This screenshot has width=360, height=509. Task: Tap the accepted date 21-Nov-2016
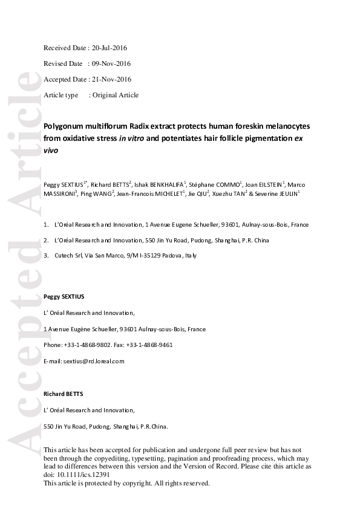click(x=110, y=79)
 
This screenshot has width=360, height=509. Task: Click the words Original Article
click(x=116, y=95)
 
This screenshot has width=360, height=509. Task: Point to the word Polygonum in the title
click(x=65, y=126)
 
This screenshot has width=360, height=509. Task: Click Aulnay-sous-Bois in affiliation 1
click(x=263, y=225)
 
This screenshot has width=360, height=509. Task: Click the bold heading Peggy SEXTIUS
click(x=64, y=297)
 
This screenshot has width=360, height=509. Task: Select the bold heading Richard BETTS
click(x=64, y=394)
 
